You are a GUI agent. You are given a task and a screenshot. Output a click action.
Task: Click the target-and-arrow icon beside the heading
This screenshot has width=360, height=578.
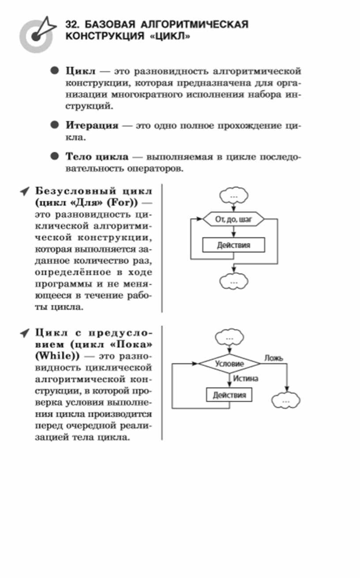pyautogui.click(x=37, y=34)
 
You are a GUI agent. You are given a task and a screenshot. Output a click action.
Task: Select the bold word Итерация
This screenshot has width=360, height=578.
pyautogui.click(x=92, y=126)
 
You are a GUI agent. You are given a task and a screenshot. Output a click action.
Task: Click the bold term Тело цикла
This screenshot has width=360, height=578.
pyautogui.click(x=97, y=157)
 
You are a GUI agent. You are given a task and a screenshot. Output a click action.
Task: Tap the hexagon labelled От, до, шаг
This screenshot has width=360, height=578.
pyautogui.click(x=233, y=219)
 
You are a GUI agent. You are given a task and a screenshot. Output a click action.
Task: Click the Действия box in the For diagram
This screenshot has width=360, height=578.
pyautogui.click(x=233, y=245)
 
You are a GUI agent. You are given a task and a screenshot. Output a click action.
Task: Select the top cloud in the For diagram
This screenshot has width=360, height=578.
pyautogui.click(x=233, y=195)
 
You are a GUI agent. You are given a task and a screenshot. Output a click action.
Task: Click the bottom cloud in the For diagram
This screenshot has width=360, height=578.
pyautogui.click(x=233, y=281)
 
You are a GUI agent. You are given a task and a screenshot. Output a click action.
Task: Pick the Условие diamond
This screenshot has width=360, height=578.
pyautogui.click(x=229, y=364)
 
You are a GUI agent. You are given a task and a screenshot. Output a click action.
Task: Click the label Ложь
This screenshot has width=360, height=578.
pyautogui.click(x=274, y=358)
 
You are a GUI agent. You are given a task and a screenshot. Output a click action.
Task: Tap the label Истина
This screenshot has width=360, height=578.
pyautogui.click(x=246, y=378)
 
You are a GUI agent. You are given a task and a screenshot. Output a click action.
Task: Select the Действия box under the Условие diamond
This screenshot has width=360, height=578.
pyautogui.click(x=229, y=394)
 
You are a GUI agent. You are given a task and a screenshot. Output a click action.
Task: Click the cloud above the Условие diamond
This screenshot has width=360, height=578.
pyautogui.click(x=229, y=338)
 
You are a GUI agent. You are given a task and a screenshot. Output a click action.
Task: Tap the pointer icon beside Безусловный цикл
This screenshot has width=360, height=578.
pyautogui.click(x=25, y=192)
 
